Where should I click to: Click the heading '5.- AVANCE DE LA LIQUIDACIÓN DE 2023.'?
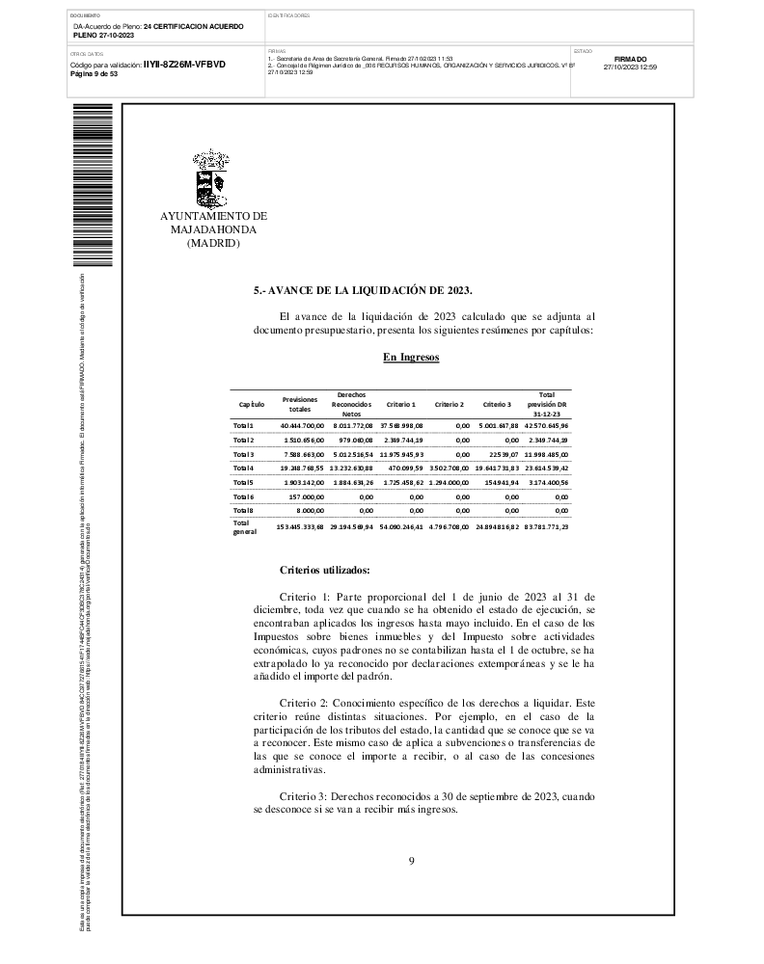click(x=363, y=289)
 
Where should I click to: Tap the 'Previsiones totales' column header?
click(x=300, y=403)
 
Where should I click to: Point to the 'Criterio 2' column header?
click(x=449, y=404)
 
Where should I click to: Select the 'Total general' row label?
click(x=244, y=526)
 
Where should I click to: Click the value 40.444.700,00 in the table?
click(x=302, y=425)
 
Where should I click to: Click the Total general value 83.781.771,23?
click(x=546, y=527)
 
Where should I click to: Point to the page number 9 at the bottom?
click(x=411, y=861)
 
